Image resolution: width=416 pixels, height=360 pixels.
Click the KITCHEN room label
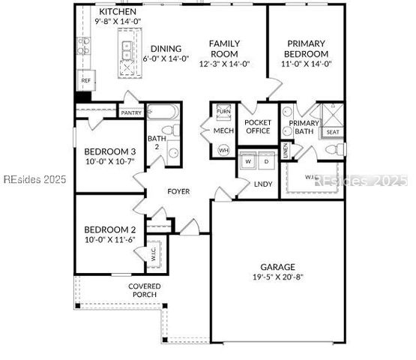point(118,13)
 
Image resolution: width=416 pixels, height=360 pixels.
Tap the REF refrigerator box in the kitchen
point(86,80)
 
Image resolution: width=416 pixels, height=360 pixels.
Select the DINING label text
point(166,49)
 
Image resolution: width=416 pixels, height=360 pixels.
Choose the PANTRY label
point(131,113)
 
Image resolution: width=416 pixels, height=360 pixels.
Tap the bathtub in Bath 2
point(160,112)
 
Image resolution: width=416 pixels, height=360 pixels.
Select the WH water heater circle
point(223,150)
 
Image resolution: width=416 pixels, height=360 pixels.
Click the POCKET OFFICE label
point(258,126)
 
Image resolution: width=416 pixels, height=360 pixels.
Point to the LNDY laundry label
point(263,184)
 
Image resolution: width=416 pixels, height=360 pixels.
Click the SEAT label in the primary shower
point(332,132)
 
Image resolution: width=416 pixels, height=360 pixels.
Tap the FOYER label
point(178,191)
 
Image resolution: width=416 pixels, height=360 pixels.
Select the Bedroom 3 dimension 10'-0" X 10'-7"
point(109,161)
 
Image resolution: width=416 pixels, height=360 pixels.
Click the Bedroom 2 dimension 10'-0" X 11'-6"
point(109,240)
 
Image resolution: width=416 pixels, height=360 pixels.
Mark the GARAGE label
point(277,266)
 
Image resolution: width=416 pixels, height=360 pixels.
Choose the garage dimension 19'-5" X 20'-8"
point(277,277)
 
